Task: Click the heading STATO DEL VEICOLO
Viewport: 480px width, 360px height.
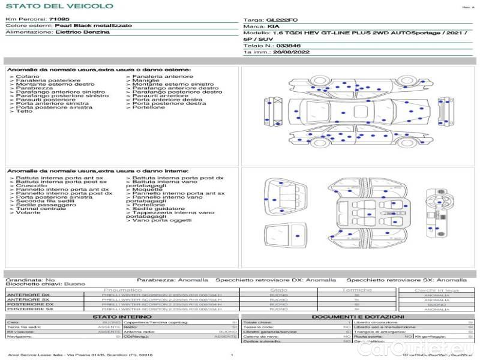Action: (x=59, y=6)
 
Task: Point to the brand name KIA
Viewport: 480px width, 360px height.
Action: (x=272, y=27)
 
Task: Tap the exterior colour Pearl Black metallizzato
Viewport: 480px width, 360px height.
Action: (x=88, y=26)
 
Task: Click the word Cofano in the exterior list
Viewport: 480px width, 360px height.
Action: (x=28, y=77)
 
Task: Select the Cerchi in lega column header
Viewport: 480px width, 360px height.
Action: (x=436, y=290)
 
